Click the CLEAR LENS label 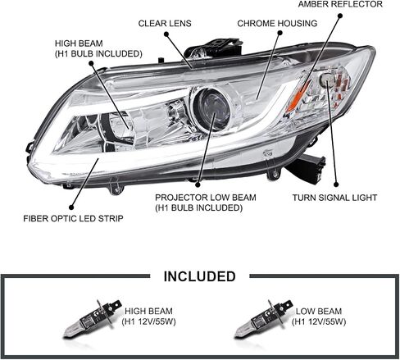pyautogui.click(x=165, y=24)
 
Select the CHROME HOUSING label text pyautogui.click(x=277, y=24)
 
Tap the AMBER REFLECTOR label pyautogui.click(x=340, y=4)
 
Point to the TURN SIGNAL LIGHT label pyautogui.click(x=334, y=198)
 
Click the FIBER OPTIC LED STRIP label pyautogui.click(x=73, y=219)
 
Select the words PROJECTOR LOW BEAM pyautogui.click(x=206, y=198)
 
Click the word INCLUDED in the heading pyautogui.click(x=199, y=276)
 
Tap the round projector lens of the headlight pyautogui.click(x=211, y=108)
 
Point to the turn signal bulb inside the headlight pyautogui.click(x=327, y=80)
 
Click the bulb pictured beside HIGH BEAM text pyautogui.click(x=92, y=318)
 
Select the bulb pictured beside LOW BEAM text pyautogui.click(x=263, y=318)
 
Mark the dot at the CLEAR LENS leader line pyautogui.click(x=166, y=34)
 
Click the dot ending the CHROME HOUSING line pyautogui.click(x=280, y=33)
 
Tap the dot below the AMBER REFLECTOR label pyautogui.click(x=340, y=16)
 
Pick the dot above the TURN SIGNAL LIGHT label pyautogui.click(x=336, y=185)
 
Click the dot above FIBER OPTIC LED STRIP pyautogui.click(x=71, y=207)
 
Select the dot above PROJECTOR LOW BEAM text pyautogui.click(x=198, y=185)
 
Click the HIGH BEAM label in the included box pyautogui.click(x=148, y=311)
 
